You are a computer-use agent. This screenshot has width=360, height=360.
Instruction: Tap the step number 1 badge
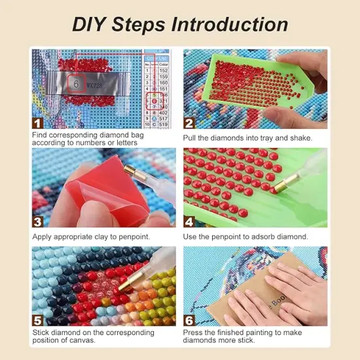38,122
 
